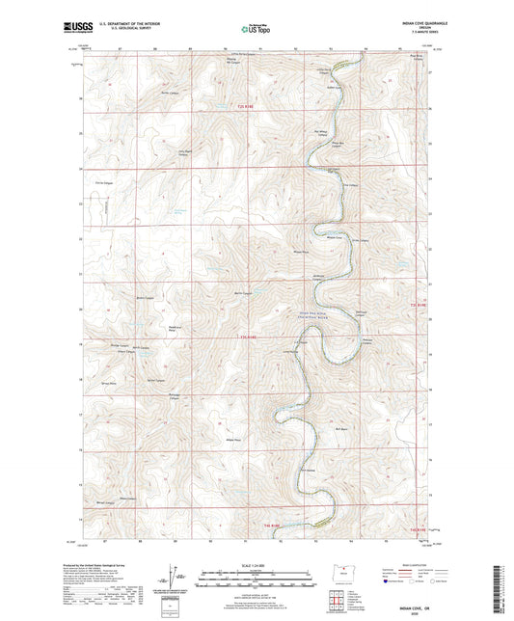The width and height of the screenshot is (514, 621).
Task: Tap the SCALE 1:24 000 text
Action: (257, 564)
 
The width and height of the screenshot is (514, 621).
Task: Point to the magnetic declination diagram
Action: (174, 579)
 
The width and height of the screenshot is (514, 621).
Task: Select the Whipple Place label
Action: (300, 254)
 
